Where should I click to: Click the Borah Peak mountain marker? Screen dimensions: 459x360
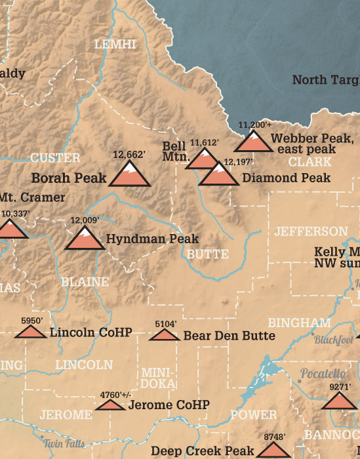(x=129, y=174)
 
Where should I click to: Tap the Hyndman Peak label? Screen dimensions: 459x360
(x=152, y=239)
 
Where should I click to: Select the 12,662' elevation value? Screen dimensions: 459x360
(x=128, y=155)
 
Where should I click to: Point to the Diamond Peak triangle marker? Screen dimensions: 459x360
(x=218, y=174)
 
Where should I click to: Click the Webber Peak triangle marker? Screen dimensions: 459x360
(x=251, y=142)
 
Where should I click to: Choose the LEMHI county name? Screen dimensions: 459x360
(x=115, y=44)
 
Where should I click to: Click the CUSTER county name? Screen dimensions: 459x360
(x=55, y=158)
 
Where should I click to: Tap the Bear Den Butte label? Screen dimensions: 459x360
(x=229, y=336)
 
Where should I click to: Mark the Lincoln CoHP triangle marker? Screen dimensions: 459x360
(x=30, y=332)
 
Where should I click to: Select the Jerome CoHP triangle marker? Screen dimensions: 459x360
(x=110, y=405)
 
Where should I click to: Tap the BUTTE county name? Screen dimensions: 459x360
(x=207, y=254)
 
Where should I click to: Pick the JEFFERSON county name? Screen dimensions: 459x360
(x=311, y=231)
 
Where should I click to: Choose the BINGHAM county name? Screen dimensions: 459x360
(x=300, y=323)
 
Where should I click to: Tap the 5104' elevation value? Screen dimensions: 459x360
(x=165, y=324)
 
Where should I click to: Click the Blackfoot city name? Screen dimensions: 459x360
(x=333, y=340)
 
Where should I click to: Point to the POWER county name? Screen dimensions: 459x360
(x=253, y=415)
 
